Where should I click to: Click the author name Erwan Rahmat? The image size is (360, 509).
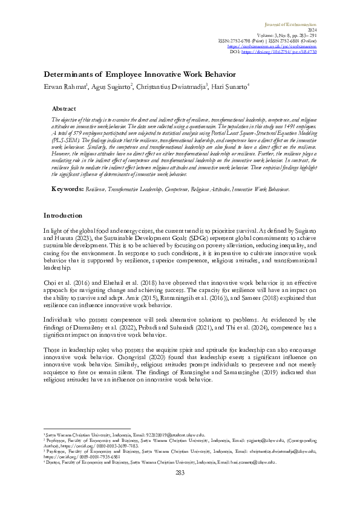click(x=64, y=87)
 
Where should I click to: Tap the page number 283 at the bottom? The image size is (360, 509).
click(x=180, y=488)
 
